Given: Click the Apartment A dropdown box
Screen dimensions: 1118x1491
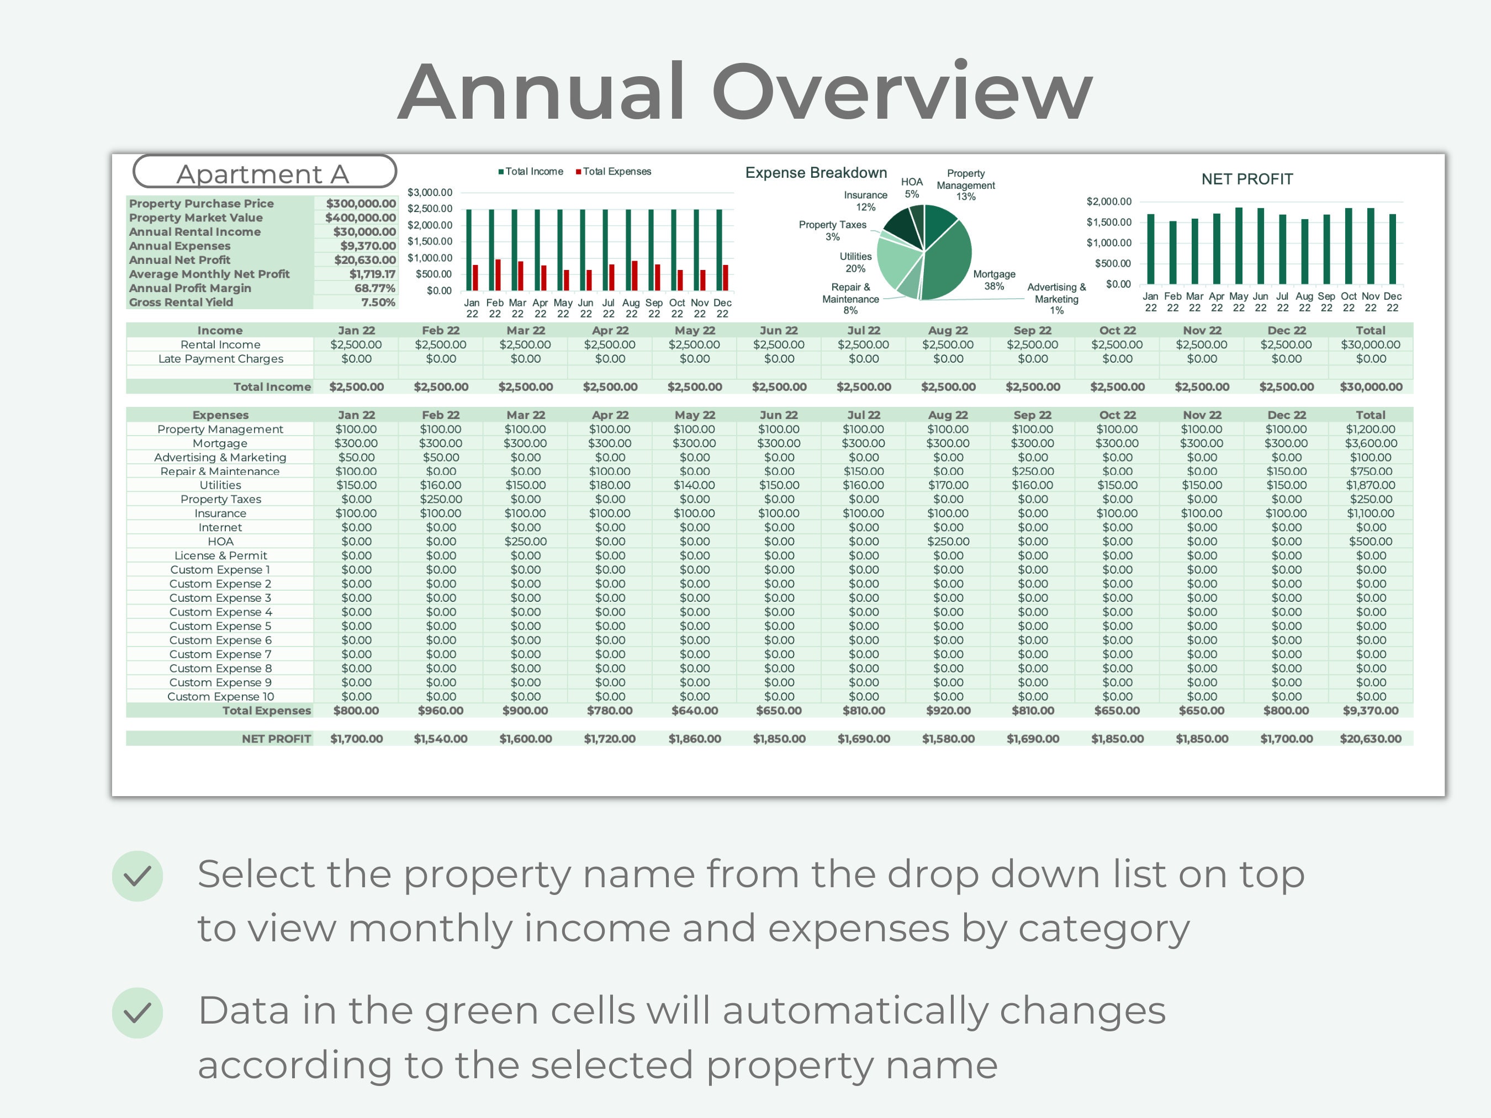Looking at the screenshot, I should tap(264, 172).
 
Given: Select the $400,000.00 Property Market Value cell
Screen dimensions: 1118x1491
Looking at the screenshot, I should tap(361, 218).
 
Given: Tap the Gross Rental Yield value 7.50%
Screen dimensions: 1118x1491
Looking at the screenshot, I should tap(378, 303).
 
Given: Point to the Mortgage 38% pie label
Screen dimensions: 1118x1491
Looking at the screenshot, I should tap(993, 280).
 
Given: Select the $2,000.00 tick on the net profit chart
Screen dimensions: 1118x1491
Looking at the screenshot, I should tap(1108, 202).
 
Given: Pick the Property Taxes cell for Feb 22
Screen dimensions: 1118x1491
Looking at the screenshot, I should tap(441, 499).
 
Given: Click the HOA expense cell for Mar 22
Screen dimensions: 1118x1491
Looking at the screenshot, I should tap(525, 542).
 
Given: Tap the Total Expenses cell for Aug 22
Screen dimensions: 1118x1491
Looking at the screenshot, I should tap(948, 711).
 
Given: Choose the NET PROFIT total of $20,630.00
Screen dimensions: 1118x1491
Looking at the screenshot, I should tap(1371, 739).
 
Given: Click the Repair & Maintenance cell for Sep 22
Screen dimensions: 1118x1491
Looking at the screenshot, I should tap(1032, 471).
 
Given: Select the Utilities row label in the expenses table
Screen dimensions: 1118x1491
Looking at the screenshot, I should tap(220, 485).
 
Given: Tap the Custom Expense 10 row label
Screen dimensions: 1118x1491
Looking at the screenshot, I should tap(220, 697).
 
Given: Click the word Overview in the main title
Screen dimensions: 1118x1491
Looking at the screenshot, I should tap(901, 92).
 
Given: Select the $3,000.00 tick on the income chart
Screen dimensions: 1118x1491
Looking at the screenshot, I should tap(430, 193).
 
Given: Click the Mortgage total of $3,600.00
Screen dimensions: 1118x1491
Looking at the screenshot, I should tap(1371, 443).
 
